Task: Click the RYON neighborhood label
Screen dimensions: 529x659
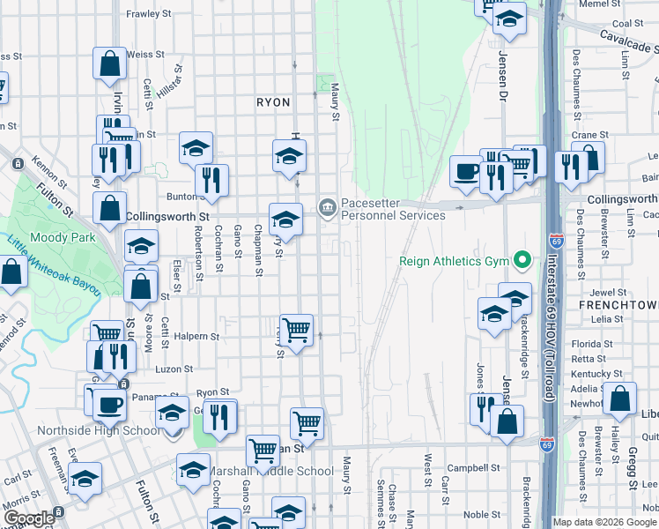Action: pos(273,102)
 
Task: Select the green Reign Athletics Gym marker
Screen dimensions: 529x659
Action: pos(522,260)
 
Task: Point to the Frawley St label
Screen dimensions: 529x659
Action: pos(148,14)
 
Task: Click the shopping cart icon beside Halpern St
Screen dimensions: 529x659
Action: pos(297,330)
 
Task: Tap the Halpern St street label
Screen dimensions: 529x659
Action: pos(197,337)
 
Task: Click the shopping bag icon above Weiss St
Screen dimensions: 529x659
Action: pos(109,63)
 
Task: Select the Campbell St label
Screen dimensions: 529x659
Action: pos(467,466)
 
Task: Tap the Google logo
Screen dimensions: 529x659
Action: pos(28,518)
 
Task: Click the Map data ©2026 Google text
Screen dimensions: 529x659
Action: pos(604,522)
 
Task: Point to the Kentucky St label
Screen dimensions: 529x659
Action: pos(590,374)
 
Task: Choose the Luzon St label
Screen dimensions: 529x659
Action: pos(174,370)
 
